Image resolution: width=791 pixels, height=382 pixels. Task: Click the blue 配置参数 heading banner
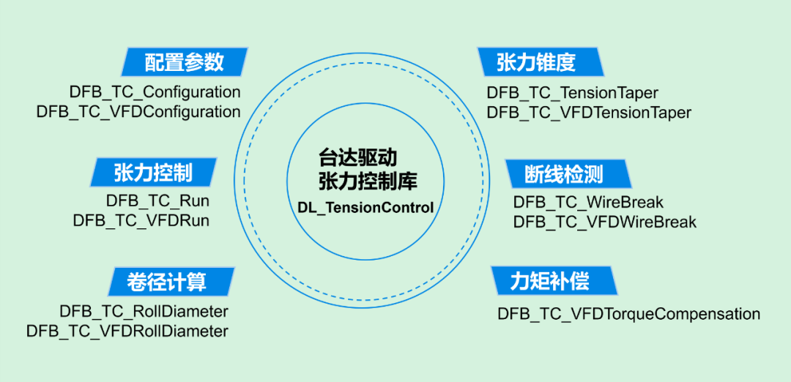pos(184,62)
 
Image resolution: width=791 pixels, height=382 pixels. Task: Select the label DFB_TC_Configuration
pos(155,92)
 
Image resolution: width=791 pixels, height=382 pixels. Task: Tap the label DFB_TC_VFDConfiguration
pos(138,112)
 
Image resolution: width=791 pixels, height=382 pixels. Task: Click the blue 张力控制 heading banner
pos(153,173)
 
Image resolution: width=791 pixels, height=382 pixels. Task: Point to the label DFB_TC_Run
pos(158,201)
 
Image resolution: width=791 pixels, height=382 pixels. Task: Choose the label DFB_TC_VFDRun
pos(141,220)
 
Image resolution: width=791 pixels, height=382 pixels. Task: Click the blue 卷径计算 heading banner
pos(170,282)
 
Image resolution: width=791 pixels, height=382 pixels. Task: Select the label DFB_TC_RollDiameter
pos(144,311)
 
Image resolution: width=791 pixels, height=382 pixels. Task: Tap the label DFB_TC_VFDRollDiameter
pos(127,331)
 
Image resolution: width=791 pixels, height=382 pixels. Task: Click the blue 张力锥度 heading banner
pos(541,62)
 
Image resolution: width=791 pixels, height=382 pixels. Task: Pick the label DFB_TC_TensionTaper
pos(573,93)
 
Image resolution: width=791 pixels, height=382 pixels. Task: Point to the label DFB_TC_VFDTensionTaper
pos(589,113)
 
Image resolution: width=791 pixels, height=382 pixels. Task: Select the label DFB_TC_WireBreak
pos(588,202)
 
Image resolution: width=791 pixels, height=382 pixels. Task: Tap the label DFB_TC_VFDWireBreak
pos(605,221)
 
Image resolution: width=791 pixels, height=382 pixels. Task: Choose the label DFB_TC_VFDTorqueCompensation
pos(629,314)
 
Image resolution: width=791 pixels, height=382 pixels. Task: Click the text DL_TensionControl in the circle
pos(365,208)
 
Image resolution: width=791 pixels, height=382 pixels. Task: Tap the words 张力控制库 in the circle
pos(368,181)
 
